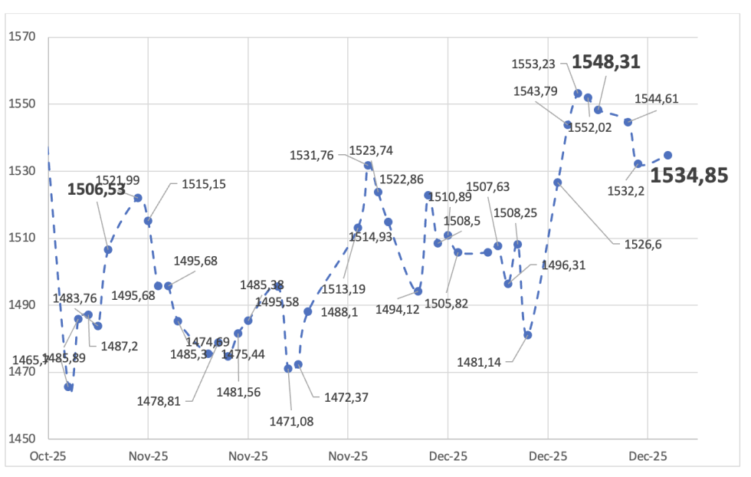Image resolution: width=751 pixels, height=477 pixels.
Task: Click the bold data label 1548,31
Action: pyautogui.click(x=606, y=62)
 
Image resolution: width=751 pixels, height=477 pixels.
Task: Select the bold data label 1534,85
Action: pyautogui.click(x=689, y=176)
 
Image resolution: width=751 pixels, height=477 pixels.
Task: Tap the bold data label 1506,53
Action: pyautogui.click(x=96, y=190)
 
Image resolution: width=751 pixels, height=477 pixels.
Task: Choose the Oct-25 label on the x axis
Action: pyautogui.click(x=48, y=456)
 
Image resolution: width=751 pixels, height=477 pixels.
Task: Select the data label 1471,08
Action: pyautogui.click(x=291, y=419)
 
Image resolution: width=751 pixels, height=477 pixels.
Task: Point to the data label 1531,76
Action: pyautogui.click(x=312, y=155)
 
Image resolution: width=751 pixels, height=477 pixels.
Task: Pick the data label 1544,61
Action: pyautogui.click(x=657, y=98)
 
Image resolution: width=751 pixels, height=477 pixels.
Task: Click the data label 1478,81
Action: pyautogui.click(x=159, y=400)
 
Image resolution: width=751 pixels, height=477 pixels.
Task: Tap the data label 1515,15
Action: pyautogui.click(x=203, y=184)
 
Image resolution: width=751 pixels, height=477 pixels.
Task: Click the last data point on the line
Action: pyautogui.click(x=667, y=155)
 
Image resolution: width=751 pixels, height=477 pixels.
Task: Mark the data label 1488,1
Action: pyautogui.click(x=340, y=313)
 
